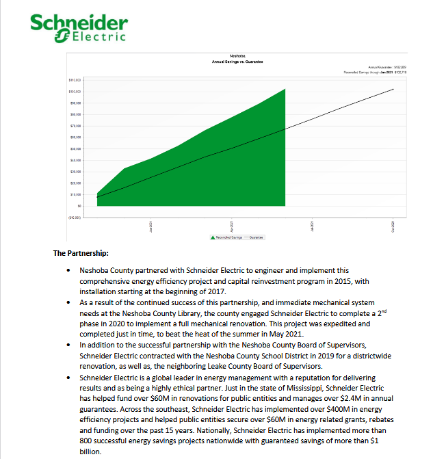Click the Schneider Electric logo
(77, 27)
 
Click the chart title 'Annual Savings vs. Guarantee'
(237, 62)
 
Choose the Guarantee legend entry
(256, 238)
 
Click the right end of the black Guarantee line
(393, 89)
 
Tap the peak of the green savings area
(285, 89)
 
